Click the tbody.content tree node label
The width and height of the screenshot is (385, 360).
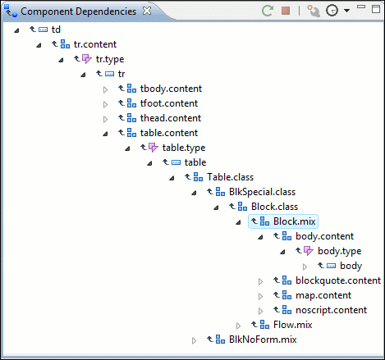(x=171, y=89)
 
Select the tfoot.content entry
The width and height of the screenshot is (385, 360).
(x=169, y=103)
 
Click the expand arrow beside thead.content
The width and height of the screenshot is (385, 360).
(x=105, y=119)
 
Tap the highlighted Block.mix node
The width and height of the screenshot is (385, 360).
(x=295, y=221)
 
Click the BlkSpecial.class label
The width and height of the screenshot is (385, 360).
(x=262, y=192)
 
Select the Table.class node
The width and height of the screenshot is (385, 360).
(x=230, y=177)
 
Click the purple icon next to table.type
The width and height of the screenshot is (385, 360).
(x=154, y=148)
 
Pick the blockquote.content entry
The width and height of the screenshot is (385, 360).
(x=338, y=280)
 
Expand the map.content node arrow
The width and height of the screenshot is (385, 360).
(x=260, y=296)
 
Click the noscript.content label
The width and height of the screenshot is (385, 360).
(x=331, y=310)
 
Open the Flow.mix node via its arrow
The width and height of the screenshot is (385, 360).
(x=238, y=326)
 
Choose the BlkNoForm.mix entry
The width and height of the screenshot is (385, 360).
(x=263, y=339)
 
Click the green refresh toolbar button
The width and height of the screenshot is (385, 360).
(x=268, y=11)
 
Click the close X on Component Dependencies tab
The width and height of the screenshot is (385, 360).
(x=147, y=11)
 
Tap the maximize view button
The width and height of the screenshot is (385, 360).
(x=376, y=9)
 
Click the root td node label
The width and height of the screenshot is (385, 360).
(x=56, y=30)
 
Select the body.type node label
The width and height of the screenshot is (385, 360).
(x=339, y=251)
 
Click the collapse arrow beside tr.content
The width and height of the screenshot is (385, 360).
(x=39, y=45)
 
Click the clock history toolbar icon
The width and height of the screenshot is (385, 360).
(x=332, y=11)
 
